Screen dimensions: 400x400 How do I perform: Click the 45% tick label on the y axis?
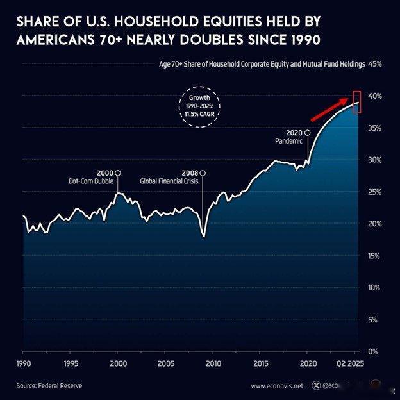[374, 64]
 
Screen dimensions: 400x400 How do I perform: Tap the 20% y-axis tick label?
[374, 224]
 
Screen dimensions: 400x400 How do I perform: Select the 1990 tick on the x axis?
[22, 363]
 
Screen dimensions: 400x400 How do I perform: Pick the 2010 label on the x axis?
[213, 363]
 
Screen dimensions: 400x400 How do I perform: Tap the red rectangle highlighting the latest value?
[358, 102]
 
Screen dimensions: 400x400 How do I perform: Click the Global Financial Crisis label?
[169, 181]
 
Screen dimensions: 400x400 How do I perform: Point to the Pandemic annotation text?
[288, 141]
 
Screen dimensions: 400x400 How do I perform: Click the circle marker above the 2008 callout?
[203, 173]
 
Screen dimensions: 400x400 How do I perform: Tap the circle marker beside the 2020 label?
[307, 132]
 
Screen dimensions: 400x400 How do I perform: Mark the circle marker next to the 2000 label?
[117, 173]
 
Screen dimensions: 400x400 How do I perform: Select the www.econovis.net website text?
[277, 386]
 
